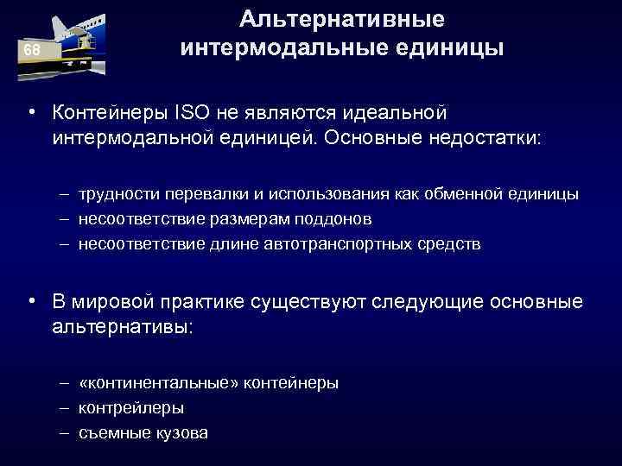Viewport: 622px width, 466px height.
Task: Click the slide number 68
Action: (32, 50)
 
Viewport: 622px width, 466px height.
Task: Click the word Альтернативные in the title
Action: (342, 18)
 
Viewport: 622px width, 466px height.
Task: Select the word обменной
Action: (442, 194)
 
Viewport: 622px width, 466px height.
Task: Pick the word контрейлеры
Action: (130, 407)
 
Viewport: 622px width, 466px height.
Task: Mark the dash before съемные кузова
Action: (66, 432)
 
